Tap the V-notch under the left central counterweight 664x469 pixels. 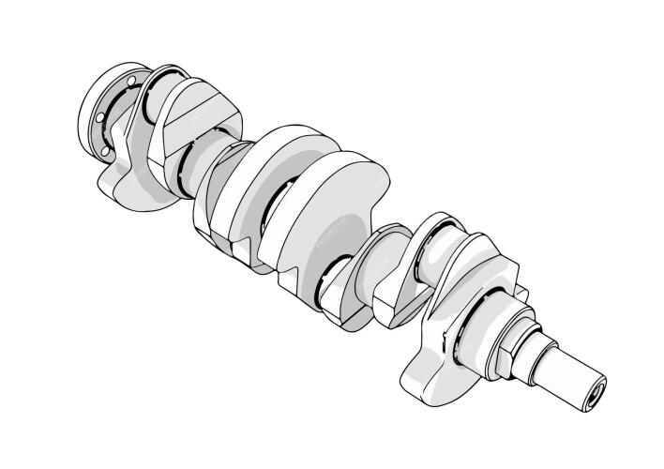pyautogui.click(x=240, y=249)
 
